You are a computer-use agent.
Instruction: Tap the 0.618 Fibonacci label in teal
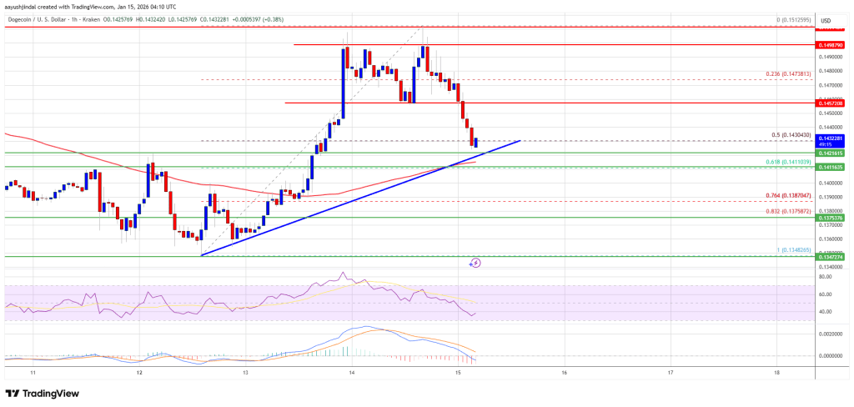coord(788,162)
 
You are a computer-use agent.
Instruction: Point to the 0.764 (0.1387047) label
coord(788,196)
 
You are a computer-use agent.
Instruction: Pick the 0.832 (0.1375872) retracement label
coord(788,211)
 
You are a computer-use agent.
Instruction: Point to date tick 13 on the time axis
coord(246,372)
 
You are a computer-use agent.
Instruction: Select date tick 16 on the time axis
coord(565,372)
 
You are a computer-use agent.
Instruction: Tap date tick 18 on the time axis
coord(776,372)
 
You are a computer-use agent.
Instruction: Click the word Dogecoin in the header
coord(19,10)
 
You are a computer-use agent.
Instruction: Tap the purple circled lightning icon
coord(475,263)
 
